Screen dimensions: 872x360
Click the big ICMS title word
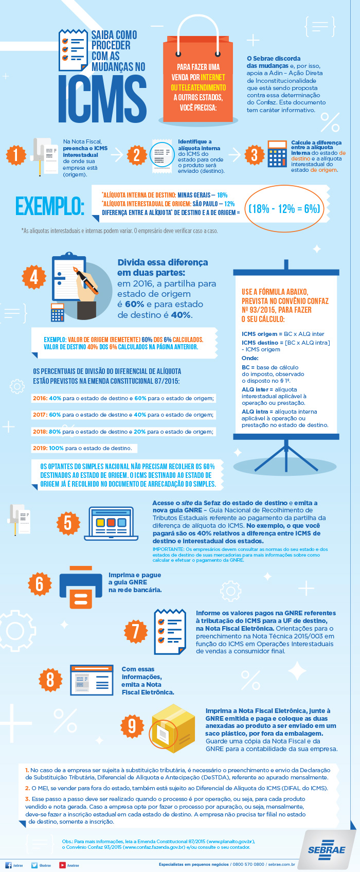pos(102,99)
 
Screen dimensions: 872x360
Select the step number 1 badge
pos(16,155)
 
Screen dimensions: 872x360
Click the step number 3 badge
pos(254,155)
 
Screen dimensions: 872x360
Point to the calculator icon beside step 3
pos(277,154)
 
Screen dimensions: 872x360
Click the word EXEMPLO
pos(49,206)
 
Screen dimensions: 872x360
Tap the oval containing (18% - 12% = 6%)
pos(284,208)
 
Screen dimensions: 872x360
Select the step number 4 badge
pos(34,277)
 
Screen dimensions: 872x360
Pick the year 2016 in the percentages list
pos(40,398)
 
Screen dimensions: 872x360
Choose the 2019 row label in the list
pos(40,448)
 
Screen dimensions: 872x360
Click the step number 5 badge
pos(68,523)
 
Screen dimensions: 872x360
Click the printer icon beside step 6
pos(81,588)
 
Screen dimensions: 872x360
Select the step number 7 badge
pos(136,631)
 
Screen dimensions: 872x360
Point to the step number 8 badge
pos(50,680)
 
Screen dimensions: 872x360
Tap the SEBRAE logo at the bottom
pos(327,849)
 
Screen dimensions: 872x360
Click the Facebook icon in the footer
pos(8,865)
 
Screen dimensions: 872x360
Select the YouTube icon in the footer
pos(62,865)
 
